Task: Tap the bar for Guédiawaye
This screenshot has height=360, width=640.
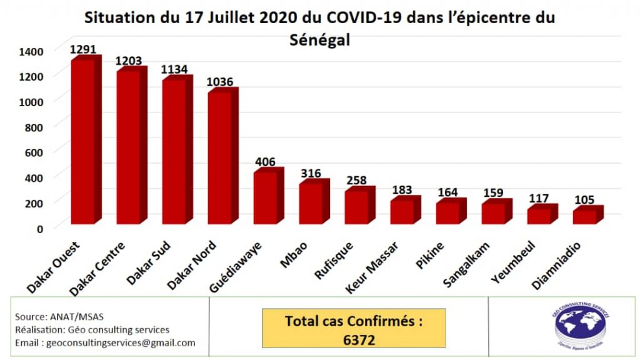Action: (265, 196)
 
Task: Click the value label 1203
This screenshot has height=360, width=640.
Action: (128, 61)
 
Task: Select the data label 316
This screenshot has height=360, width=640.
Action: (311, 172)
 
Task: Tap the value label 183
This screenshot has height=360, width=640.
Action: (402, 189)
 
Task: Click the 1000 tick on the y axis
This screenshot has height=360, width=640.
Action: (31, 101)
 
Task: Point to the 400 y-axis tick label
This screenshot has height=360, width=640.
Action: (34, 177)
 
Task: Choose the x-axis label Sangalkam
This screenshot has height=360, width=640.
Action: (467, 265)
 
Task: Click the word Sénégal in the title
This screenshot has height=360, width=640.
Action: (320, 39)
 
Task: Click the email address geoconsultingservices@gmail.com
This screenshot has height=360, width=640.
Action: (105, 342)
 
